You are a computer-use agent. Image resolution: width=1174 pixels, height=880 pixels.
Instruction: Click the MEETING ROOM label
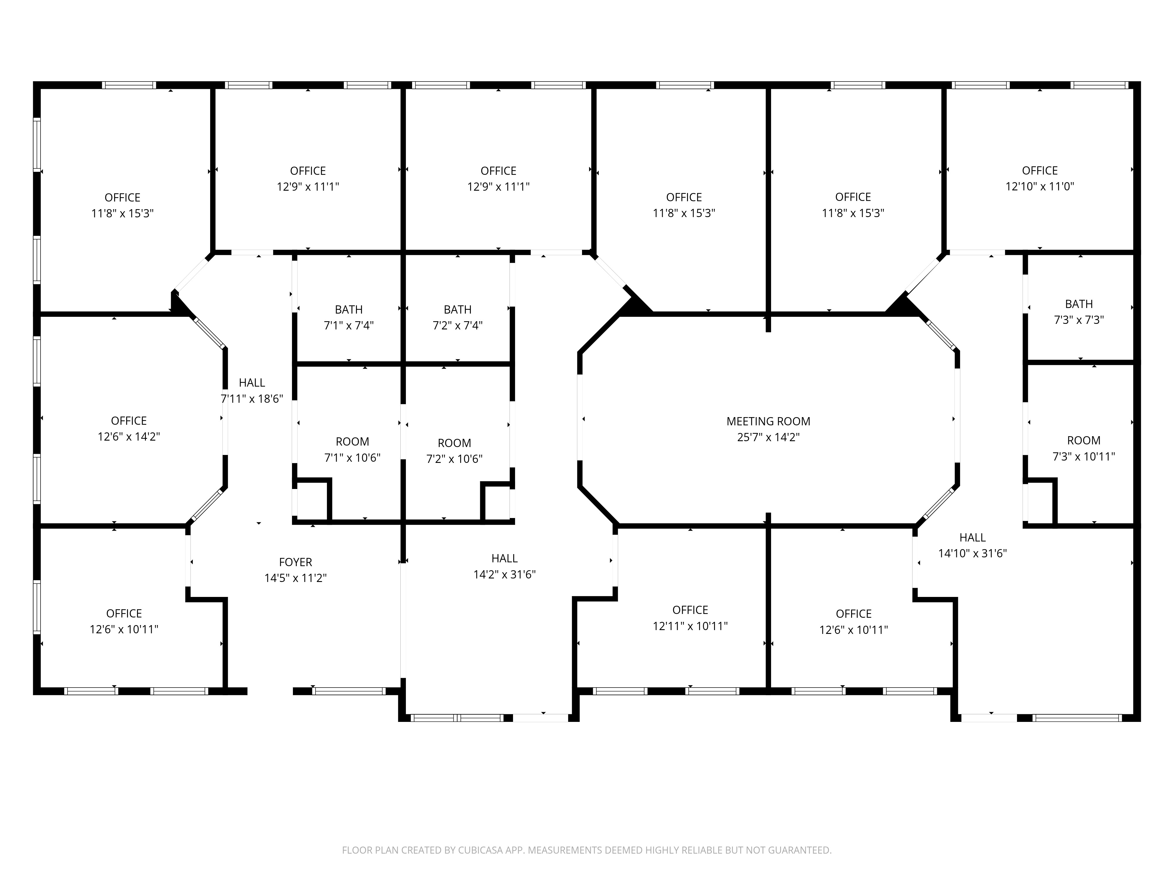(768, 421)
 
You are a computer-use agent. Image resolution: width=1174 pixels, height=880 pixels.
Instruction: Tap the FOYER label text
(296, 562)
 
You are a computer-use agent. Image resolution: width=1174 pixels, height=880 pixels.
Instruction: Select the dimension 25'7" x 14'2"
(768, 437)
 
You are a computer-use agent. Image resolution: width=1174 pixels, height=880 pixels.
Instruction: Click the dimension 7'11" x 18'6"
(252, 398)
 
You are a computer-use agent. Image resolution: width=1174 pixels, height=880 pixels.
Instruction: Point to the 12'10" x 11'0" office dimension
(1040, 186)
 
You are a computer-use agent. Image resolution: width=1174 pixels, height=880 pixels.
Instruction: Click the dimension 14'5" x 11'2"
(296, 578)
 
